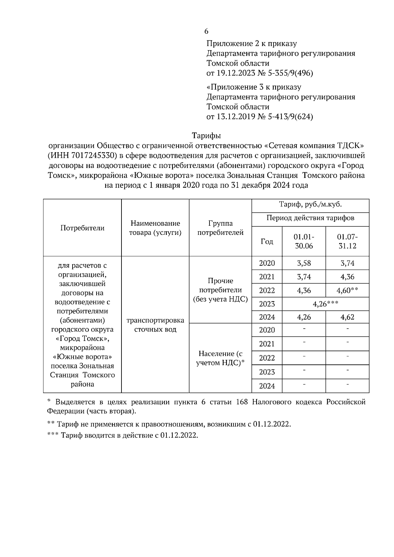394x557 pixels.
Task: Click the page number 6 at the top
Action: (206, 31)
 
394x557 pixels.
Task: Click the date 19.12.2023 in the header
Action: (236, 73)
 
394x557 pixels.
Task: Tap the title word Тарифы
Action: (206, 135)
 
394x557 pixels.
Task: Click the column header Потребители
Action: (82, 228)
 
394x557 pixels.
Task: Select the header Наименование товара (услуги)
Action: (155, 228)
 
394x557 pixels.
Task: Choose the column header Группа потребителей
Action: (220, 228)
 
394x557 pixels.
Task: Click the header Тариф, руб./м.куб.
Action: (310, 205)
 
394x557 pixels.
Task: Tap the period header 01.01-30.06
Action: (304, 241)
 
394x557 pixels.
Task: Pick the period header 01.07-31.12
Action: (347, 241)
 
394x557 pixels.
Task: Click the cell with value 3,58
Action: (304, 263)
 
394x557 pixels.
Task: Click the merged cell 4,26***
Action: (325, 304)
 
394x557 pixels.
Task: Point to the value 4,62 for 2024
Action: (347, 317)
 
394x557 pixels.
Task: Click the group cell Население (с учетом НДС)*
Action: (220, 358)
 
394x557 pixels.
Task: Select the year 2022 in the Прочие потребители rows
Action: (267, 291)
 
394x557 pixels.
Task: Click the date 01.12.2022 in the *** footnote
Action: (179, 436)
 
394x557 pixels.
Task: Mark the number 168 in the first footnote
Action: (242, 402)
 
